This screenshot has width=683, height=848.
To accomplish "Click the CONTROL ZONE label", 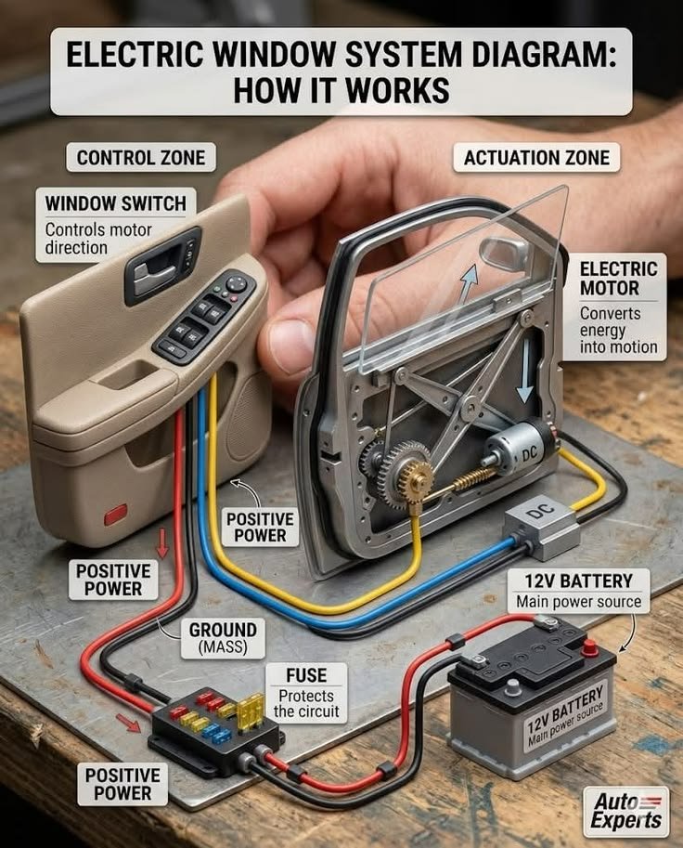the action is coord(141,157).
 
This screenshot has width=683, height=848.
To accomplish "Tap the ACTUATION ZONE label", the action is coord(536,157).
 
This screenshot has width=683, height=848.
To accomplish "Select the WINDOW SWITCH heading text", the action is coord(116,203).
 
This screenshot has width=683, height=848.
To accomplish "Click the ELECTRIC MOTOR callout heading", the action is coord(619,279).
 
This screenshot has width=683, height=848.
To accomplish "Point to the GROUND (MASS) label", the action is coord(223,638).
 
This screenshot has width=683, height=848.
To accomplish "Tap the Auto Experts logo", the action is coord(626,811).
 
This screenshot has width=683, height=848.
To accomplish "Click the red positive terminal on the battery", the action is coord(591,647).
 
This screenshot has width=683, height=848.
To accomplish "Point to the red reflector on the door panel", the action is coord(115,515).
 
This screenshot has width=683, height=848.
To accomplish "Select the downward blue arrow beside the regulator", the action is coord(523,389).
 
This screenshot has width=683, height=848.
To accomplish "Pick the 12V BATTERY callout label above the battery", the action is coord(579,591).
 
